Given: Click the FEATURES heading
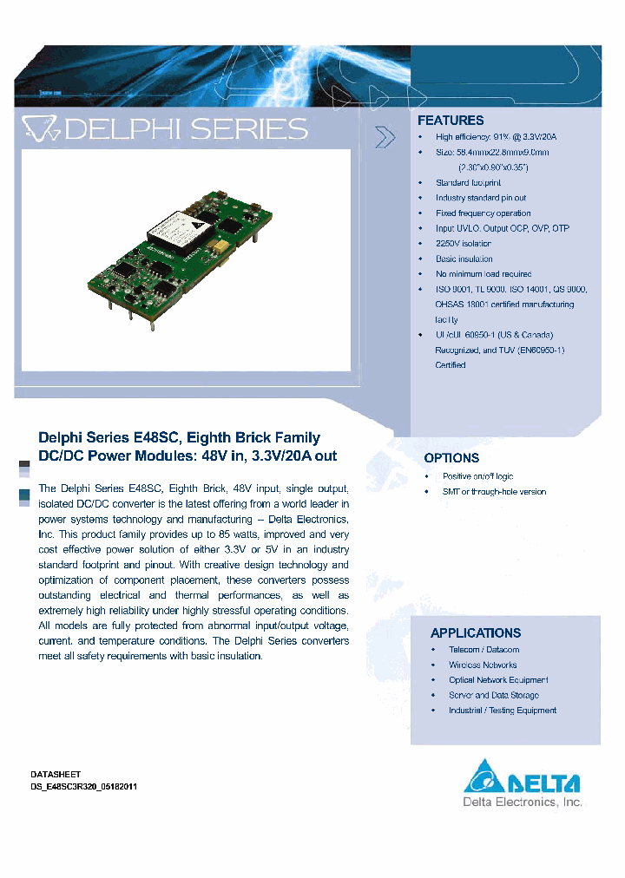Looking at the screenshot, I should coord(451,121).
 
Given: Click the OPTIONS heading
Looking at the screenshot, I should coord(451,457).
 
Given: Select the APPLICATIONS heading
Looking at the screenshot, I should coord(476,633).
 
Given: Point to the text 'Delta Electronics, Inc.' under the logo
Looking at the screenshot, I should coord(521,803).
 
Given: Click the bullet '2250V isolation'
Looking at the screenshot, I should coord(464,244).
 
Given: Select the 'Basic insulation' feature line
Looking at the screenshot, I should coord(464,259).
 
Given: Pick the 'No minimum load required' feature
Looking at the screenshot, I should coord(484,274).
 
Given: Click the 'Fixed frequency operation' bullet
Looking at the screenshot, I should coord(483,213).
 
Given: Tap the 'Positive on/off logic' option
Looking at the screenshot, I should coord(477,476).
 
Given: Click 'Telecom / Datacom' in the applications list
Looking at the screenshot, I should coord(484,650).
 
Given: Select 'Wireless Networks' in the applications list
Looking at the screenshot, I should coord(483,665).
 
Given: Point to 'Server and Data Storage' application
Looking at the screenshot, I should coord(493,695).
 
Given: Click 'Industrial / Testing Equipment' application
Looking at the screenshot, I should coord(502,711).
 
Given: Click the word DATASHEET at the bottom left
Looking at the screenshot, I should coord(56,774).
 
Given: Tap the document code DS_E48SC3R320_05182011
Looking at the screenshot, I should coord(83,786).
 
